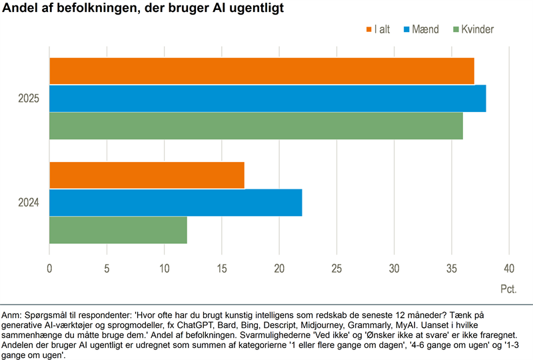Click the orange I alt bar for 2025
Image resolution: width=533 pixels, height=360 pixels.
(x=261, y=71)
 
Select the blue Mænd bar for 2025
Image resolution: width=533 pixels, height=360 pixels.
(x=267, y=99)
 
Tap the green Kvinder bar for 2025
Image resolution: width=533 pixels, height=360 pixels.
(x=256, y=126)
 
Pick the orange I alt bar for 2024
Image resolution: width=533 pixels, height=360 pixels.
(x=147, y=175)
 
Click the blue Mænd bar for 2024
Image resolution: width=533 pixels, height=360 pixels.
(x=175, y=203)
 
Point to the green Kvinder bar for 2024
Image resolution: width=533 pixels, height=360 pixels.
(x=118, y=230)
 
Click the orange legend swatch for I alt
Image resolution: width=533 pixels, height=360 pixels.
(x=368, y=29)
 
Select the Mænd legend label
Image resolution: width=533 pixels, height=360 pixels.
(x=426, y=29)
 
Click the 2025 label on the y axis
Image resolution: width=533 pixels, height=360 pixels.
(x=29, y=99)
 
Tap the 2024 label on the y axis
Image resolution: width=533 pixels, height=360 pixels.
(x=29, y=203)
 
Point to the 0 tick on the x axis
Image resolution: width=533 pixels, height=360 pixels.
(x=49, y=269)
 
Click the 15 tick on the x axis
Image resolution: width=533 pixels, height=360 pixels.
(x=221, y=269)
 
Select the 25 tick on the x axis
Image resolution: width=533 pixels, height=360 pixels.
(x=336, y=269)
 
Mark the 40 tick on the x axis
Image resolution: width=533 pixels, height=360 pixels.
(x=509, y=269)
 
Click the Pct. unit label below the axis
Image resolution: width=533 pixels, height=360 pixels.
(x=508, y=290)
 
